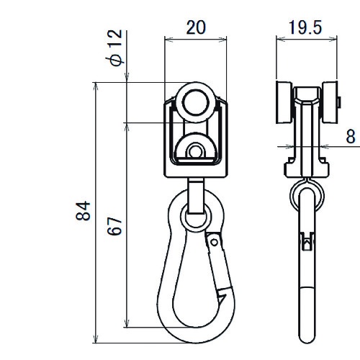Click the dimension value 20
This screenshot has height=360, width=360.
tap(196, 27)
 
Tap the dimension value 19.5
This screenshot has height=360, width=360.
tap(305, 27)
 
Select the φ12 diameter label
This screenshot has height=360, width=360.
tap(114, 48)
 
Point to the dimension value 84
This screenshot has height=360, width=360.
tap(83, 211)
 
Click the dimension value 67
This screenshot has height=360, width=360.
tap(114, 226)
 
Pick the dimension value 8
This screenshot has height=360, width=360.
tap(351, 136)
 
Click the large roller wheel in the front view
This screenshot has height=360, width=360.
tap(195, 102)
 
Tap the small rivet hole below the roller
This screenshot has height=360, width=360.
tap(195, 151)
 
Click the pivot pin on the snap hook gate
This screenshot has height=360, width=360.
tap(214, 242)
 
